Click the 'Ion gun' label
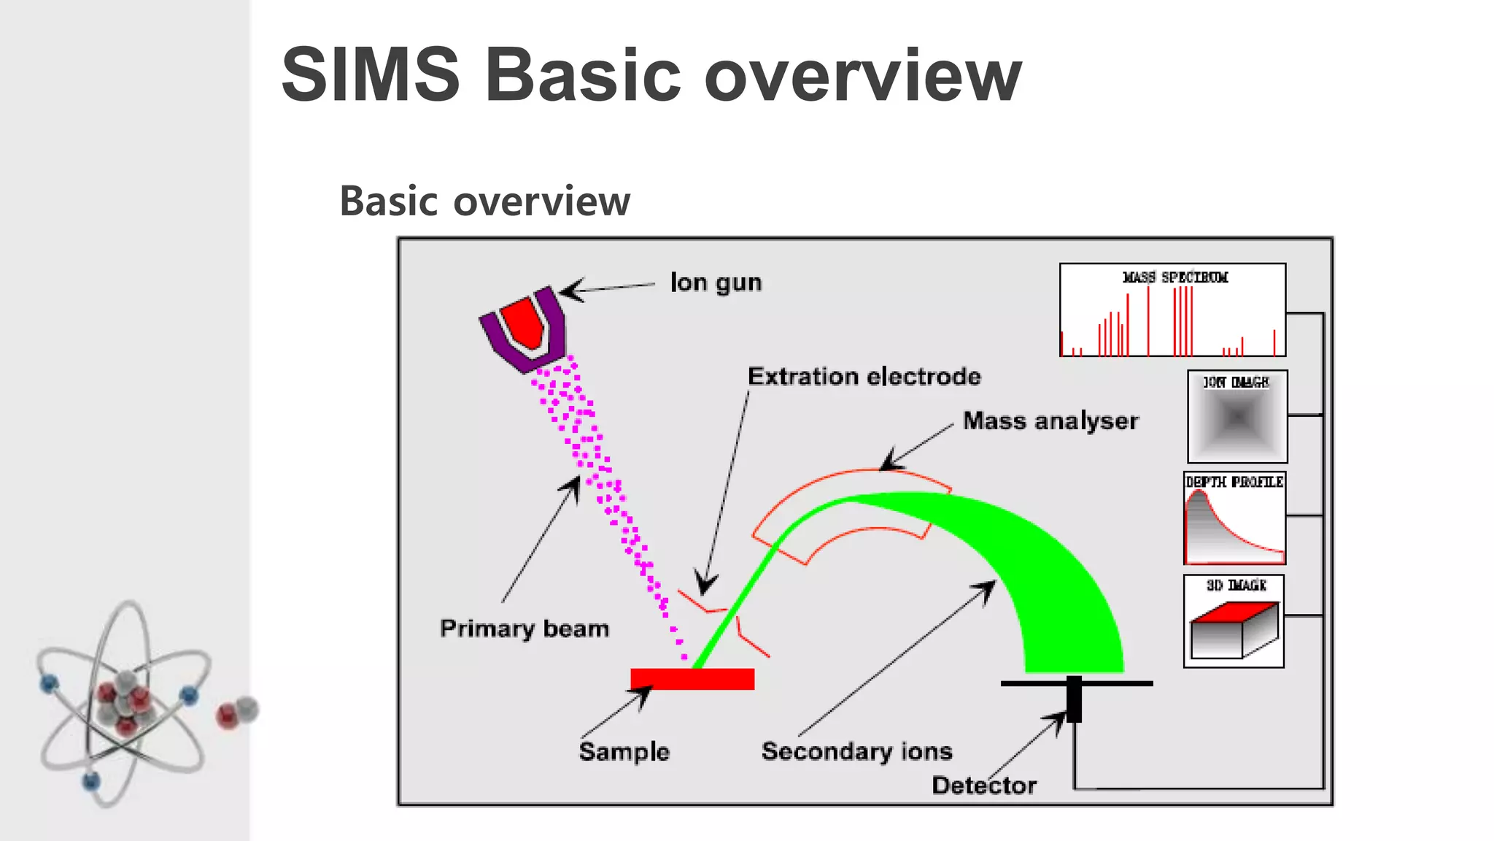click(x=716, y=283)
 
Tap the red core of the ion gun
click(x=525, y=322)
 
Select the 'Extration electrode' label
click(x=864, y=377)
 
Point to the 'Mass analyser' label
click(x=1050, y=421)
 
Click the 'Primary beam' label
click(x=525, y=629)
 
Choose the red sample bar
click(x=692, y=679)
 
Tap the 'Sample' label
click(x=624, y=752)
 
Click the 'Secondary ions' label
click(x=857, y=751)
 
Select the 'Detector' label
click(x=984, y=786)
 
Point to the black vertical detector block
click(x=1074, y=699)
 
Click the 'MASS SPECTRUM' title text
click(x=1175, y=277)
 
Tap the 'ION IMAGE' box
click(x=1237, y=417)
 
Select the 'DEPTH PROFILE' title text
click(x=1234, y=482)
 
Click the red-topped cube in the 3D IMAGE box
click(x=1234, y=629)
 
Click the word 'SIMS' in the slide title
click(x=371, y=74)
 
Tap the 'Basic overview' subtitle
click(x=485, y=201)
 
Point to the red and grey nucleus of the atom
click(x=124, y=701)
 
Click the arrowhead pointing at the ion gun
click(x=569, y=290)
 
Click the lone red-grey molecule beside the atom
click(x=238, y=712)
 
